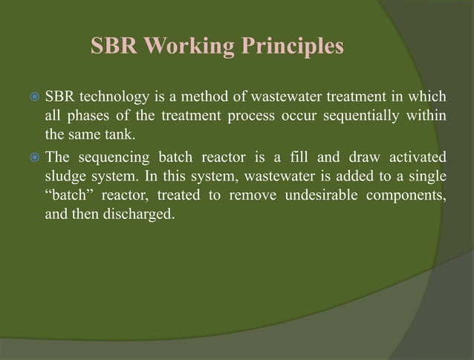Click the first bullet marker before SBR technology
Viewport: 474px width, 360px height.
(x=32, y=97)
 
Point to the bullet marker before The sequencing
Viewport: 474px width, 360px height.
(x=32, y=157)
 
